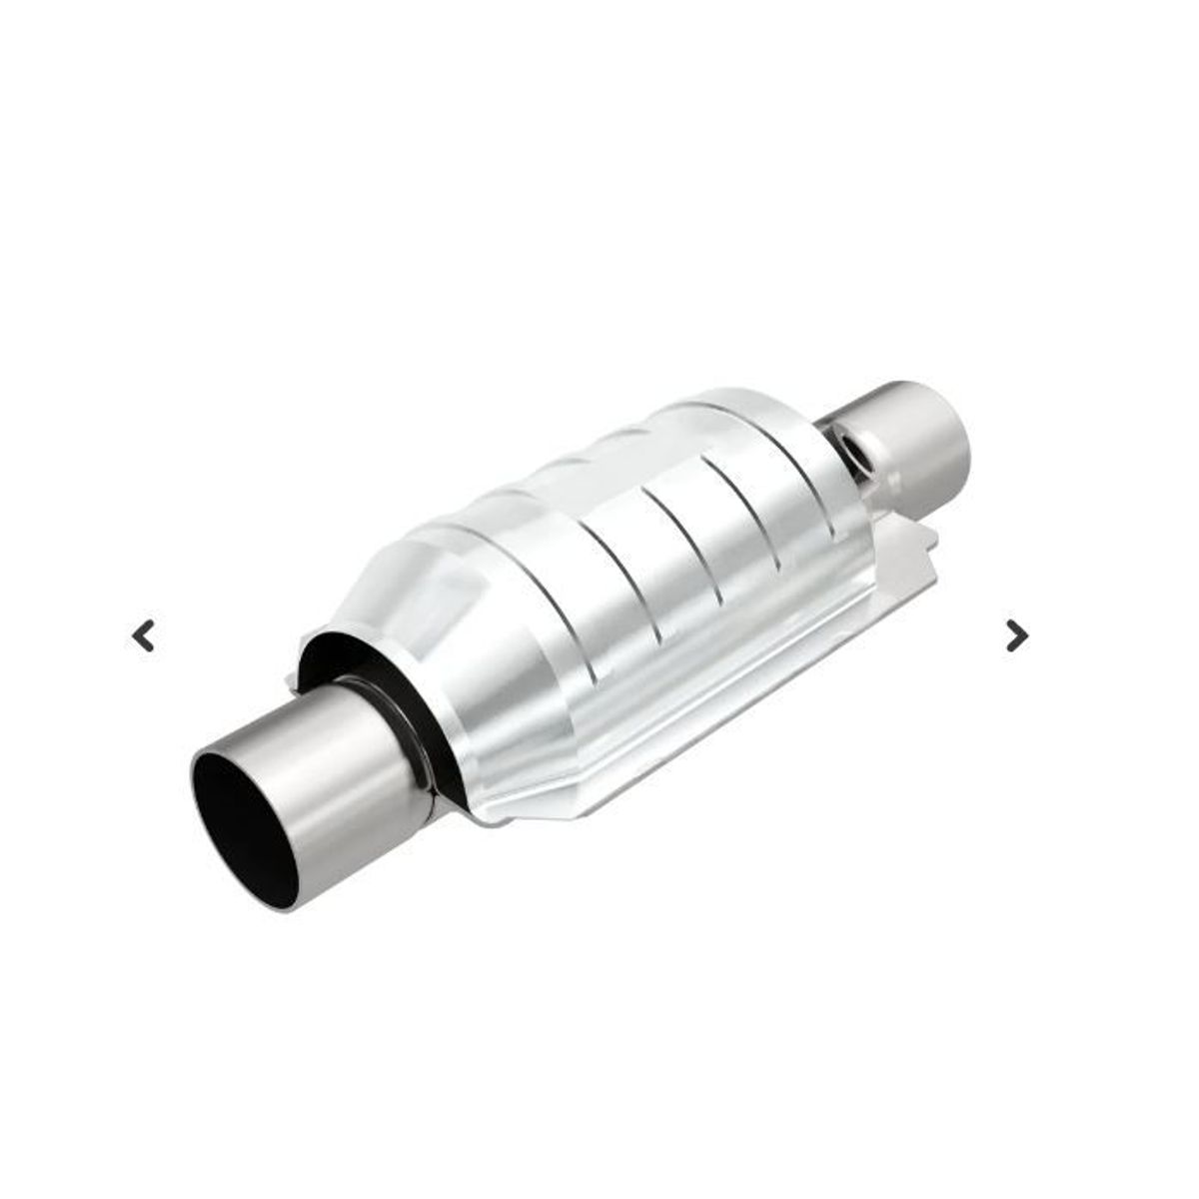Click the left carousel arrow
pyautogui.click(x=145, y=635)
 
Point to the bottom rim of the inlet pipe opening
pyautogui.click(x=270, y=899)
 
